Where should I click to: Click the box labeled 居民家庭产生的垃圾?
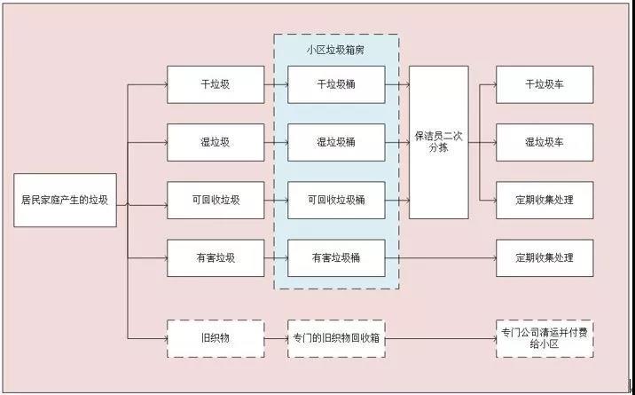pos(65,200)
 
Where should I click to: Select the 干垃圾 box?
pos(216,84)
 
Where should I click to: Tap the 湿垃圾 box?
pos(216,142)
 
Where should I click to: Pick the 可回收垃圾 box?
pos(216,200)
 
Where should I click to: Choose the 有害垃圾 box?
pos(216,257)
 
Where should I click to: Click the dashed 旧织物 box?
pos(216,337)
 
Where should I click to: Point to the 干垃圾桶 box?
pos(336,84)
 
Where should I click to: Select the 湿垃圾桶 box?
pos(336,142)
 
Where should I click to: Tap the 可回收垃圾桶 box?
pos(336,200)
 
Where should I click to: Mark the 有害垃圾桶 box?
pos(336,257)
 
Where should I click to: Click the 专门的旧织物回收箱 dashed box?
pos(336,337)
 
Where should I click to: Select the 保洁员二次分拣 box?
pos(438,142)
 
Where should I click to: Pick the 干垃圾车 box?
pos(545,84)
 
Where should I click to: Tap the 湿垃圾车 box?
pos(545,142)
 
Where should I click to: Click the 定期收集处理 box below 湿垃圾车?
pos(545,200)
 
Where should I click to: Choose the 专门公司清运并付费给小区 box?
pos(545,337)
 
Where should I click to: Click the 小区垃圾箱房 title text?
pos(336,49)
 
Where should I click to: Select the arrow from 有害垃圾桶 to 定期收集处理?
pos(440,257)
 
